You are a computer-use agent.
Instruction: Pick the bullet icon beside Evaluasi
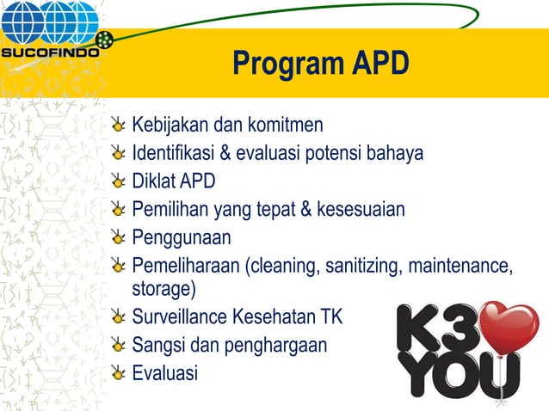click(120, 372)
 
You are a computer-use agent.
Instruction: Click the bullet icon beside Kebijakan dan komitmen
click(120, 126)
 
